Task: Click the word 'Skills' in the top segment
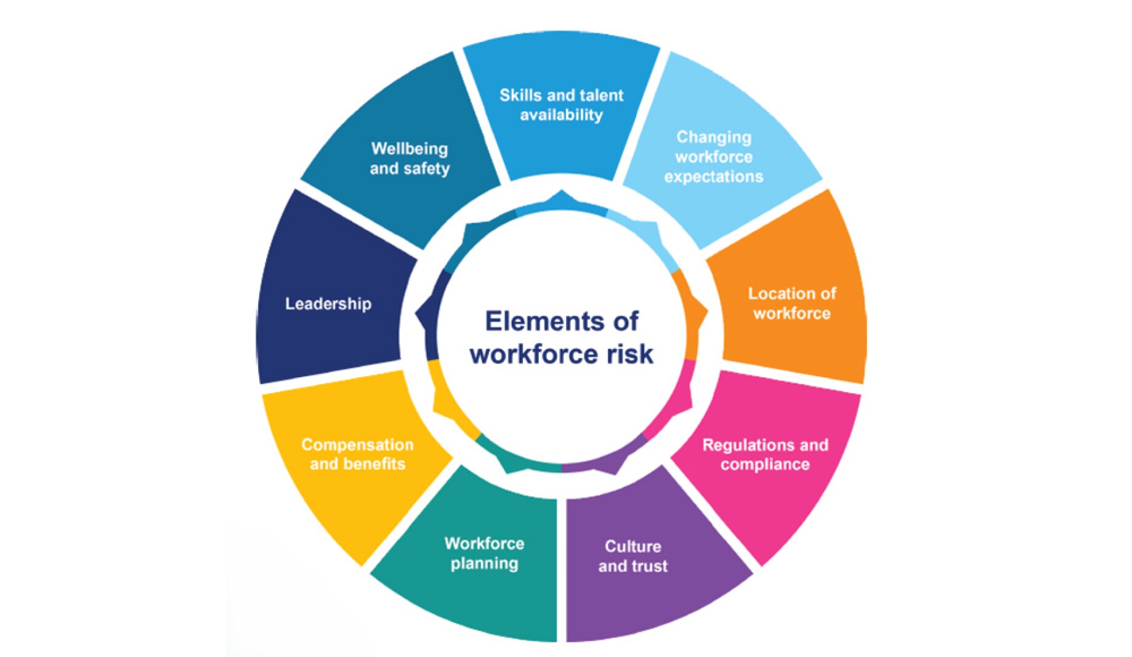coord(520,96)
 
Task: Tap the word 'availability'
coord(561,115)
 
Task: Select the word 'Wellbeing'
coord(409,149)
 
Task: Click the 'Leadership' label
coord(328,304)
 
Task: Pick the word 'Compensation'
coord(357,444)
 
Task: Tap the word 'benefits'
coord(375,464)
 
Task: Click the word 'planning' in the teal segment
coord(484,563)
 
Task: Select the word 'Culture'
coord(633,547)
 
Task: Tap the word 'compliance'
coord(765,465)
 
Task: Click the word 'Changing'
coord(714,137)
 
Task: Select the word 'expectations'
coord(713,177)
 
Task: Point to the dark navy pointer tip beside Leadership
coord(418,314)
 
